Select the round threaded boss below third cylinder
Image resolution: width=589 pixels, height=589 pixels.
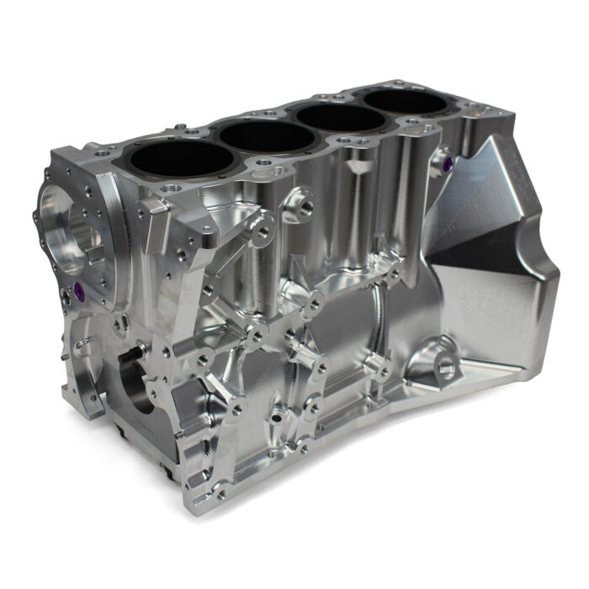tap(300, 204)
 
